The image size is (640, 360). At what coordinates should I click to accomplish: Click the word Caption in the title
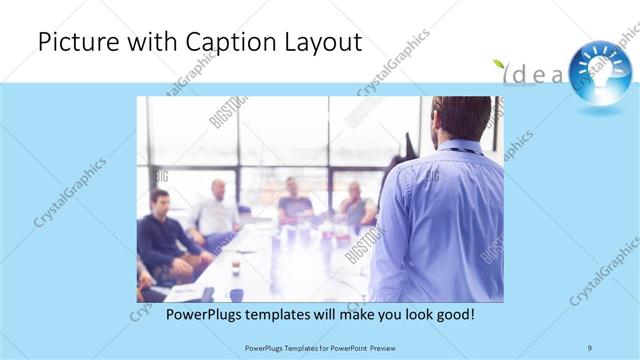click(225, 43)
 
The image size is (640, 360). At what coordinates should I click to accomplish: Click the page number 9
click(590, 347)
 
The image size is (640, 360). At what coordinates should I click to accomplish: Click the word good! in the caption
click(452, 314)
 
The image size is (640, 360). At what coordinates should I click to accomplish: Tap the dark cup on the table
click(237, 293)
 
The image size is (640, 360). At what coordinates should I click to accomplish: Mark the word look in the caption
click(393, 314)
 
